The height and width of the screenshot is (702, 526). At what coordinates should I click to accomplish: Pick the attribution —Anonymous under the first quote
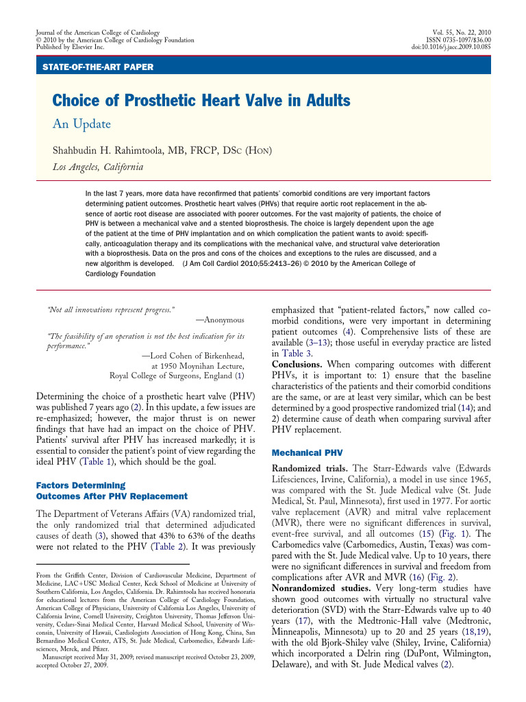point(219,319)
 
